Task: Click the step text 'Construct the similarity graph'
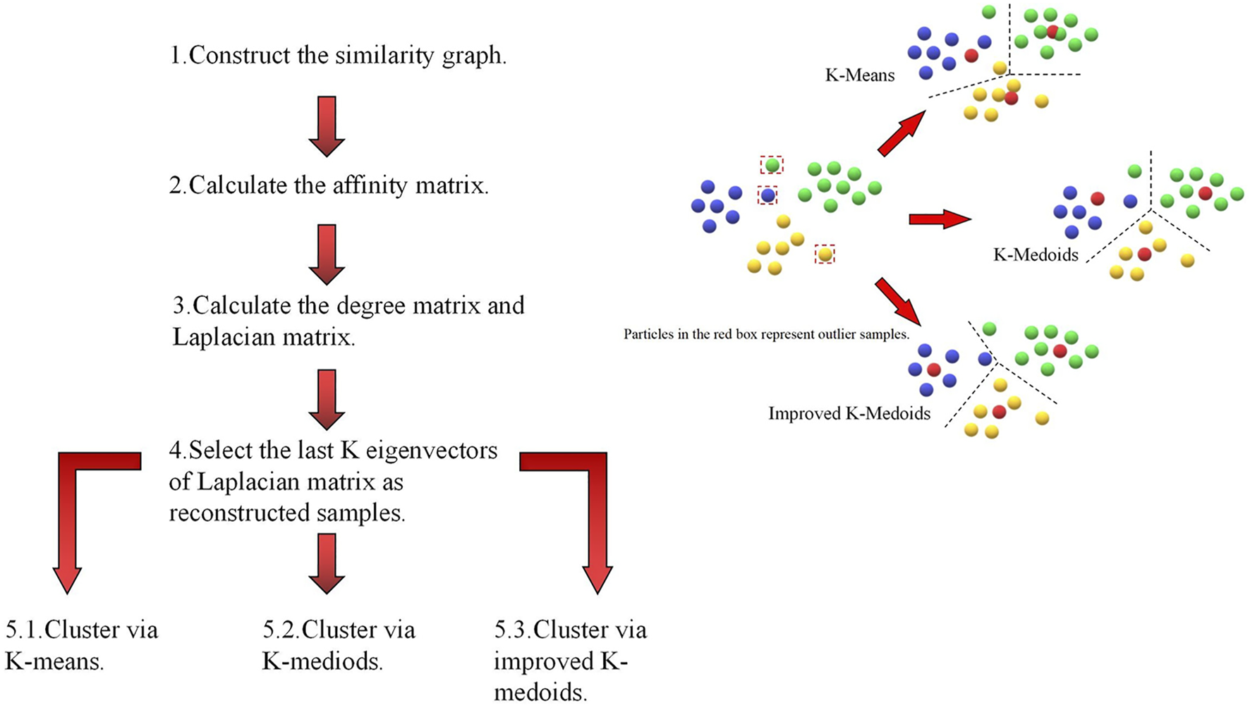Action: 339,55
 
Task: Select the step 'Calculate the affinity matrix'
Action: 329,185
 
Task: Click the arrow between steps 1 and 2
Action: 327,126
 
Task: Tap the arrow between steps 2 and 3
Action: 327,254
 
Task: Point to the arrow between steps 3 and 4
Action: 327,399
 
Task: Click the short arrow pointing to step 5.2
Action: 327,563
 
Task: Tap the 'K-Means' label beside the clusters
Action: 859,75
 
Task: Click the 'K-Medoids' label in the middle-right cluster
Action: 1036,255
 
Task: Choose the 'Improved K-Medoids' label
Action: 849,413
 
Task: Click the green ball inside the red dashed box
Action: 772,165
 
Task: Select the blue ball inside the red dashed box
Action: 767,195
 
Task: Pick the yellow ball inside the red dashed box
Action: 825,254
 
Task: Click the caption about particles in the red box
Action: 766,334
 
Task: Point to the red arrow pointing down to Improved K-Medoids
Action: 898,301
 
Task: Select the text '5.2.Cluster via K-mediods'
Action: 339,645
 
